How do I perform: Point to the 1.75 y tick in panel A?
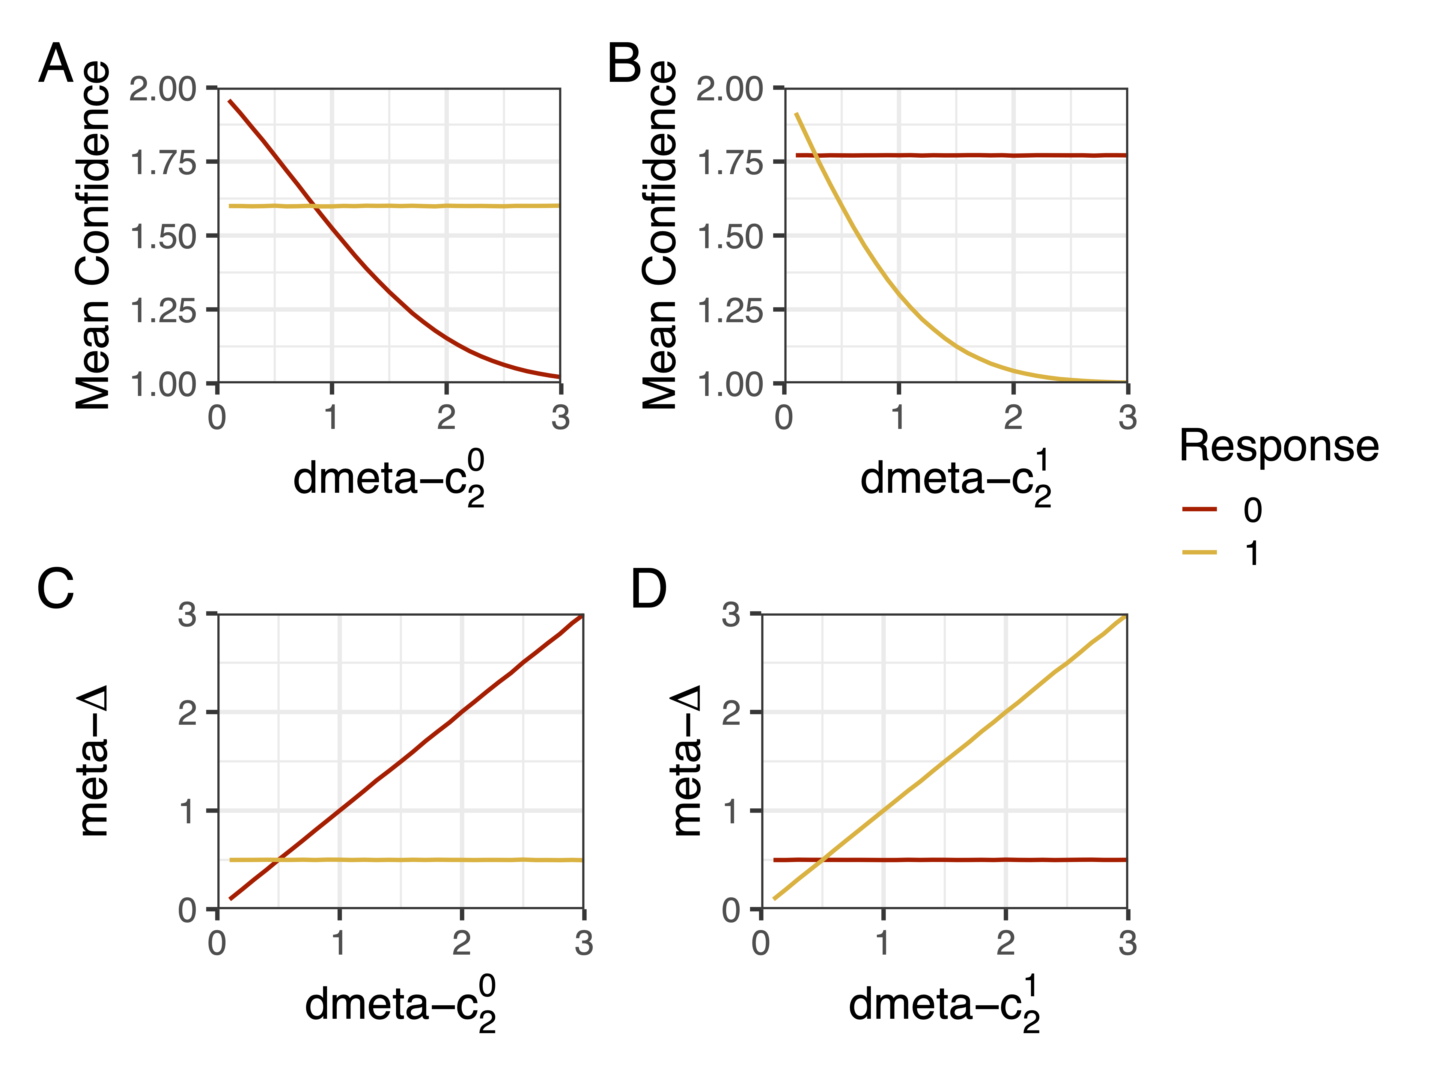(163, 162)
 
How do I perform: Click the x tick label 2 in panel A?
(446, 418)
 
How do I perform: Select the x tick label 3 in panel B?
(1128, 418)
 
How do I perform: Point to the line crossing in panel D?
(822, 860)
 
